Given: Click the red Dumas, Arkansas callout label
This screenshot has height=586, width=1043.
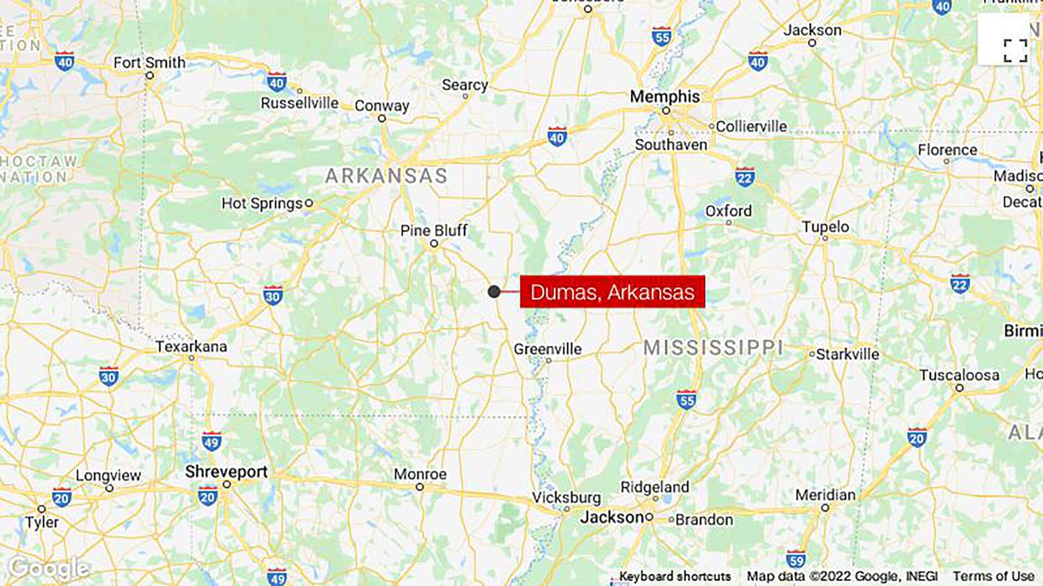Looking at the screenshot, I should [612, 292].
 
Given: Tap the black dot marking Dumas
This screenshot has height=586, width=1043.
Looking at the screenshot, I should [494, 292].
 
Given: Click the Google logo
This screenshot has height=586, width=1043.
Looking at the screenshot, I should [49, 568].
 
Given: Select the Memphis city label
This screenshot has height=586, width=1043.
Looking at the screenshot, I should [665, 97].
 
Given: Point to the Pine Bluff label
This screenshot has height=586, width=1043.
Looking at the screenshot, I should [434, 231].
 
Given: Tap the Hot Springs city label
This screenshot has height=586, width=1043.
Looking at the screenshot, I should [261, 204].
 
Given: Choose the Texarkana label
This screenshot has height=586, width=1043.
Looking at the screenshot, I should [191, 346].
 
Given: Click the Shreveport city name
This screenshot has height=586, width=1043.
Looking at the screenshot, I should [226, 471].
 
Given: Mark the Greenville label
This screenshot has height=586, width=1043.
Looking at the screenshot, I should [547, 349].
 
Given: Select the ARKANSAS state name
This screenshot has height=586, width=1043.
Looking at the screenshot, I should [386, 176].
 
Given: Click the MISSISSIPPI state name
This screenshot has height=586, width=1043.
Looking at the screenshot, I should [713, 348].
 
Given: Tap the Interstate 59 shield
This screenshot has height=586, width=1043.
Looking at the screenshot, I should [795, 559].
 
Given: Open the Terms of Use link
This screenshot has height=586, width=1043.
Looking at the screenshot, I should [993, 576].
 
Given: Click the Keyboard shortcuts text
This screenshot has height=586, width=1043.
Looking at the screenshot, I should [675, 576].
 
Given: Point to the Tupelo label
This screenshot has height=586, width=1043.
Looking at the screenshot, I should [825, 226].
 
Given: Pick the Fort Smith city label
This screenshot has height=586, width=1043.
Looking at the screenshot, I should [149, 63].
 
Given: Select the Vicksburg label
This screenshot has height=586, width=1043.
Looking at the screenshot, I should [566, 497].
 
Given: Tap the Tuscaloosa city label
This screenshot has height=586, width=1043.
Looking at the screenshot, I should [959, 375].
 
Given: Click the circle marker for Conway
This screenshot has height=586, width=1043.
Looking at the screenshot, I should [382, 118].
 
